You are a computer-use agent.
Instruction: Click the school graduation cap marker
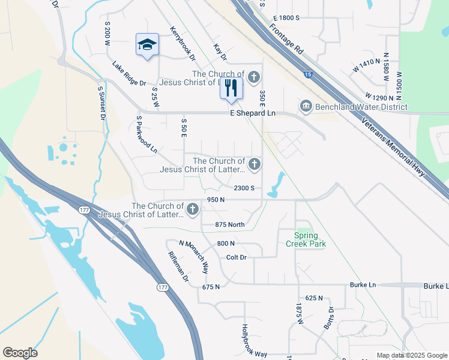pyautogui.click(x=147, y=45)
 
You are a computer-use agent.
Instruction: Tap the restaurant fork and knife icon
pyautogui.click(x=231, y=88)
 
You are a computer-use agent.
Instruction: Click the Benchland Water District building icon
pyautogui.click(x=306, y=107)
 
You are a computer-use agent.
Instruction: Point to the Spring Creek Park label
pyautogui.click(x=310, y=239)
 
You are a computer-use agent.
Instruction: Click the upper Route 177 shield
pyautogui.click(x=83, y=209)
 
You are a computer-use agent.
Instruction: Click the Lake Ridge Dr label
pyautogui.click(x=129, y=73)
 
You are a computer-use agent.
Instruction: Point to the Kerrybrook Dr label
pyautogui.click(x=182, y=43)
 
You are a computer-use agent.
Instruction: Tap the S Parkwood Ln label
pyautogui.click(x=146, y=134)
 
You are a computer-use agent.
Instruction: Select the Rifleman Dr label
pyautogui.click(x=178, y=267)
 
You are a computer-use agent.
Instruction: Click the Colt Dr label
pyautogui.click(x=237, y=257)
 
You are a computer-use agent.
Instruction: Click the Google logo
pyautogui.click(x=20, y=353)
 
